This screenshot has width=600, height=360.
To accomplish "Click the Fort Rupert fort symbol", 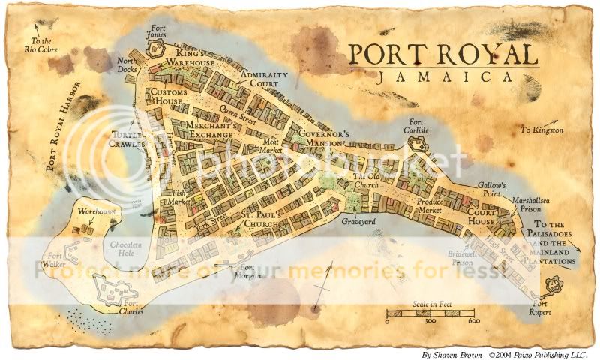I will click(x=555, y=285).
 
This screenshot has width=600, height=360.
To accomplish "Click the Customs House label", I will click(x=169, y=96).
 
